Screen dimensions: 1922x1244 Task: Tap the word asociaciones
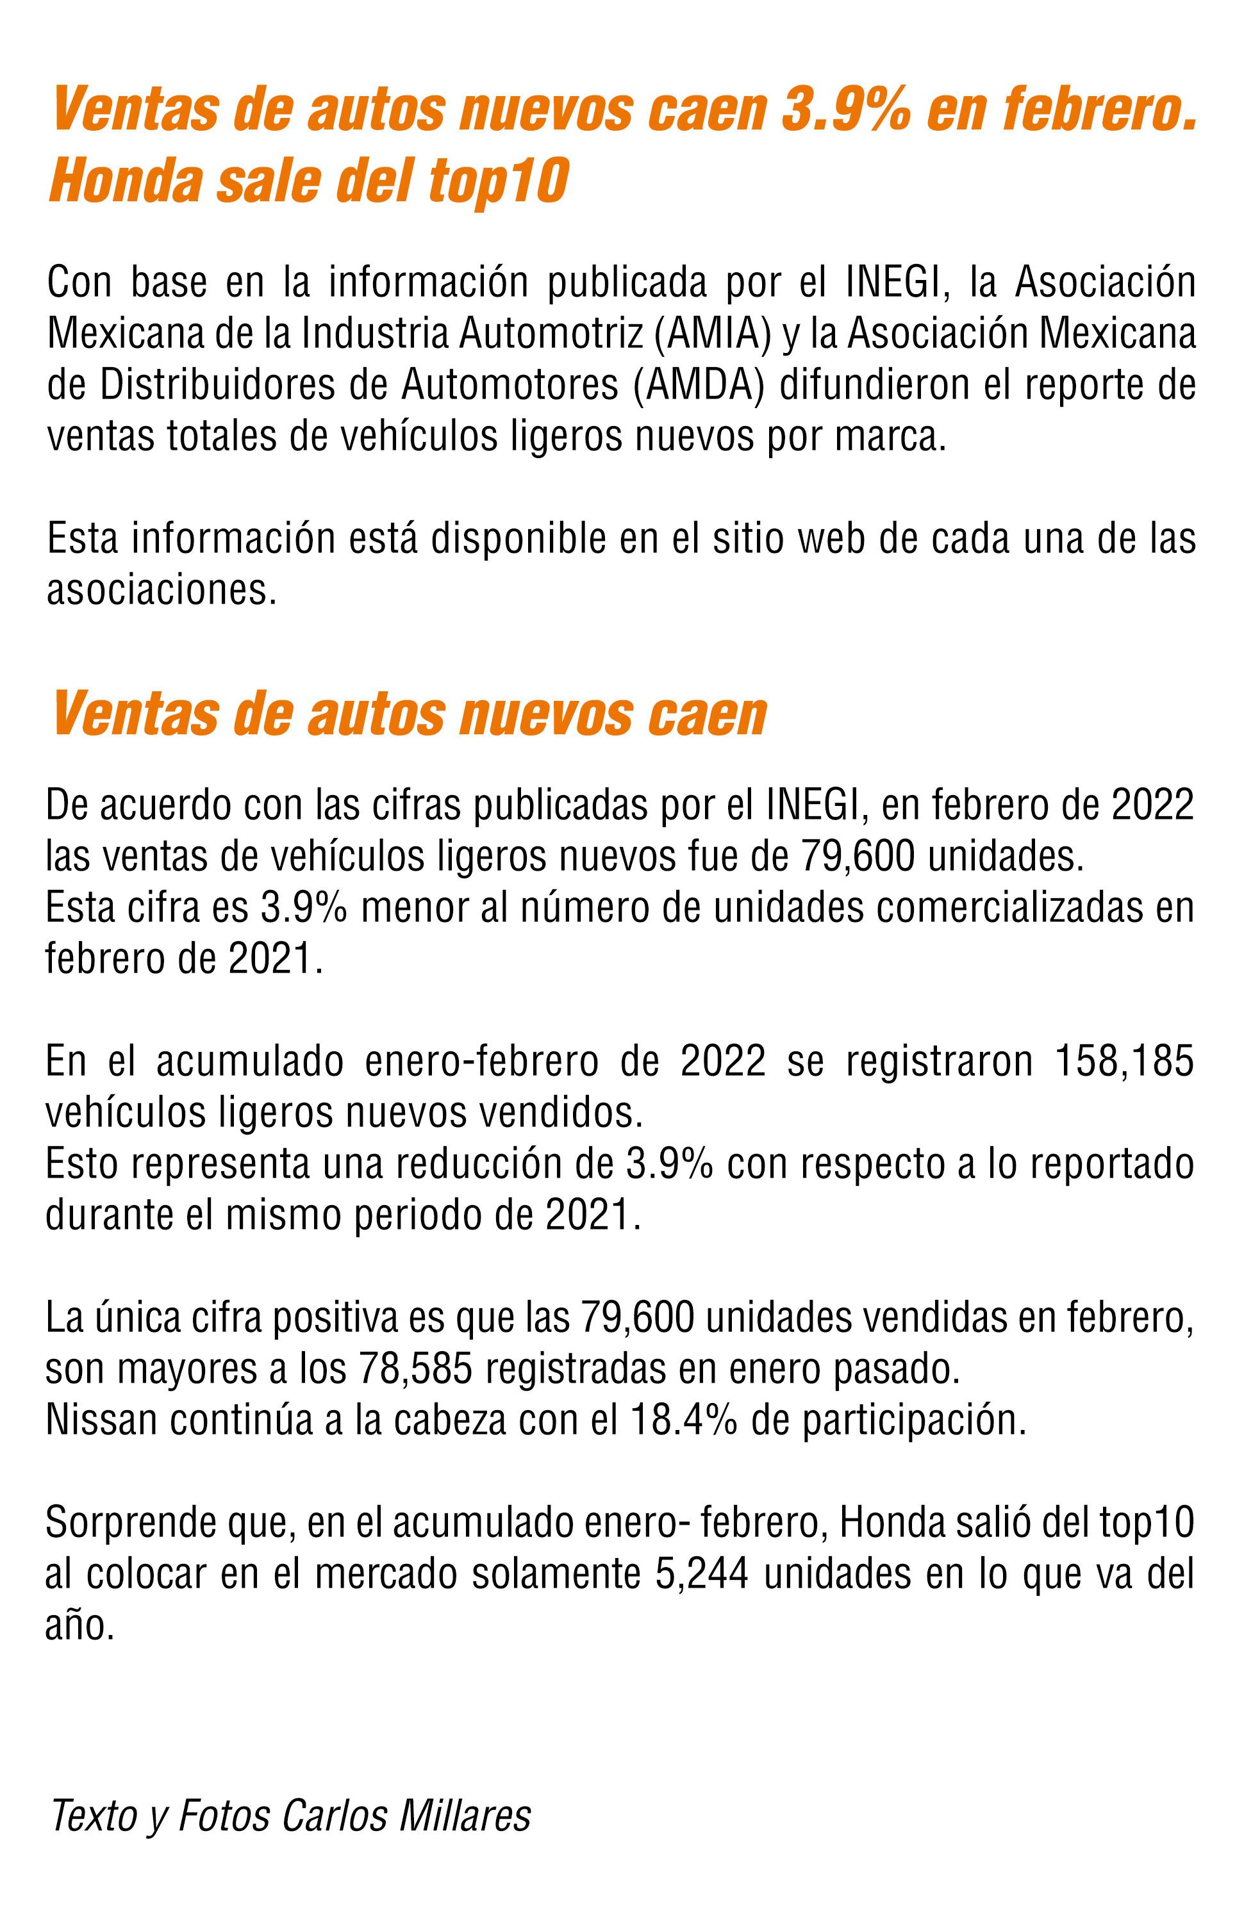click(x=161, y=590)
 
